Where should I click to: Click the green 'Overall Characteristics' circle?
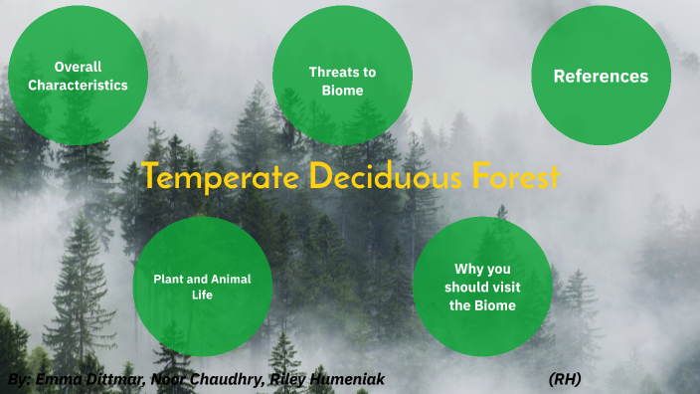(x=78, y=76)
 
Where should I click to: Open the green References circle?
(x=601, y=76)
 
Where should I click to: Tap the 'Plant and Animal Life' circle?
(x=202, y=287)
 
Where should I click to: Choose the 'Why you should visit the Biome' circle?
(x=482, y=287)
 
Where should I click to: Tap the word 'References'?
(x=601, y=77)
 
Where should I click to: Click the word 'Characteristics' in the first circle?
(x=78, y=86)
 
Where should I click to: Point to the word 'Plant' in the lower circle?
(x=168, y=279)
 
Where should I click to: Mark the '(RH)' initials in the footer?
(x=564, y=380)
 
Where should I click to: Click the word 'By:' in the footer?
(x=19, y=380)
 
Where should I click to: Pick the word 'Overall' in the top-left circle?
(x=78, y=67)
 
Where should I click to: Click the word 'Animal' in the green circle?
(x=230, y=279)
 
